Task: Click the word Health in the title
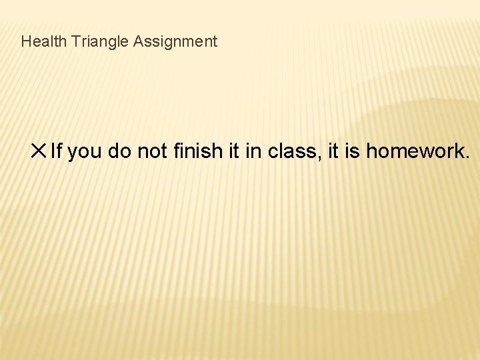43,41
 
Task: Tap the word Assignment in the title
175,41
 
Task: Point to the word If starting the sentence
56,151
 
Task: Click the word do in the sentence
119,151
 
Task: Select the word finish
197,151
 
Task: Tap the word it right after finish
233,151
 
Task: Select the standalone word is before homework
353,151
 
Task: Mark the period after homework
467,158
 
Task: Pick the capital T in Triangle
76,41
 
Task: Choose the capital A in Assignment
138,41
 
